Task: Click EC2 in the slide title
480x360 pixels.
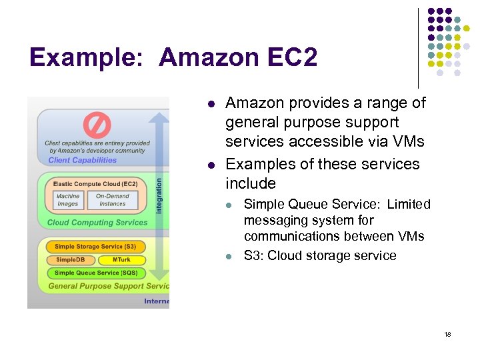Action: pyautogui.click(x=293, y=57)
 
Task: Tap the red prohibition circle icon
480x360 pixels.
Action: pyautogui.click(x=97, y=125)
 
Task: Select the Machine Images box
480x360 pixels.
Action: pyautogui.click(x=68, y=200)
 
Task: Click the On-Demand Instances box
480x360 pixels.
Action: pyautogui.click(x=113, y=200)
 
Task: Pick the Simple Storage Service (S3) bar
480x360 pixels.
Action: pyautogui.click(x=95, y=247)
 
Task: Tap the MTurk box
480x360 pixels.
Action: pyautogui.click(x=121, y=260)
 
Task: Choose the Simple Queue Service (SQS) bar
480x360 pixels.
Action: pyautogui.click(x=96, y=273)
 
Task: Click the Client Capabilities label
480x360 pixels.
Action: pyautogui.click(x=83, y=160)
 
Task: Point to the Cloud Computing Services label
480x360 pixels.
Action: pyautogui.click(x=97, y=223)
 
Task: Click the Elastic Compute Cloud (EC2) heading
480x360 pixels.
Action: pyautogui.click(x=95, y=184)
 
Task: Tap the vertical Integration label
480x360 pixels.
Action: pyautogui.click(x=159, y=195)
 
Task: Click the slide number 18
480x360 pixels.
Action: pyautogui.click(x=447, y=334)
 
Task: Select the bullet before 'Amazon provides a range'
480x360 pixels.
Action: pyautogui.click(x=210, y=104)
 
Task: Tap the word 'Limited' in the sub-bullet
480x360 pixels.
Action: pyautogui.click(x=409, y=205)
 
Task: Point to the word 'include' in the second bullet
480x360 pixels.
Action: pyautogui.click(x=251, y=183)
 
